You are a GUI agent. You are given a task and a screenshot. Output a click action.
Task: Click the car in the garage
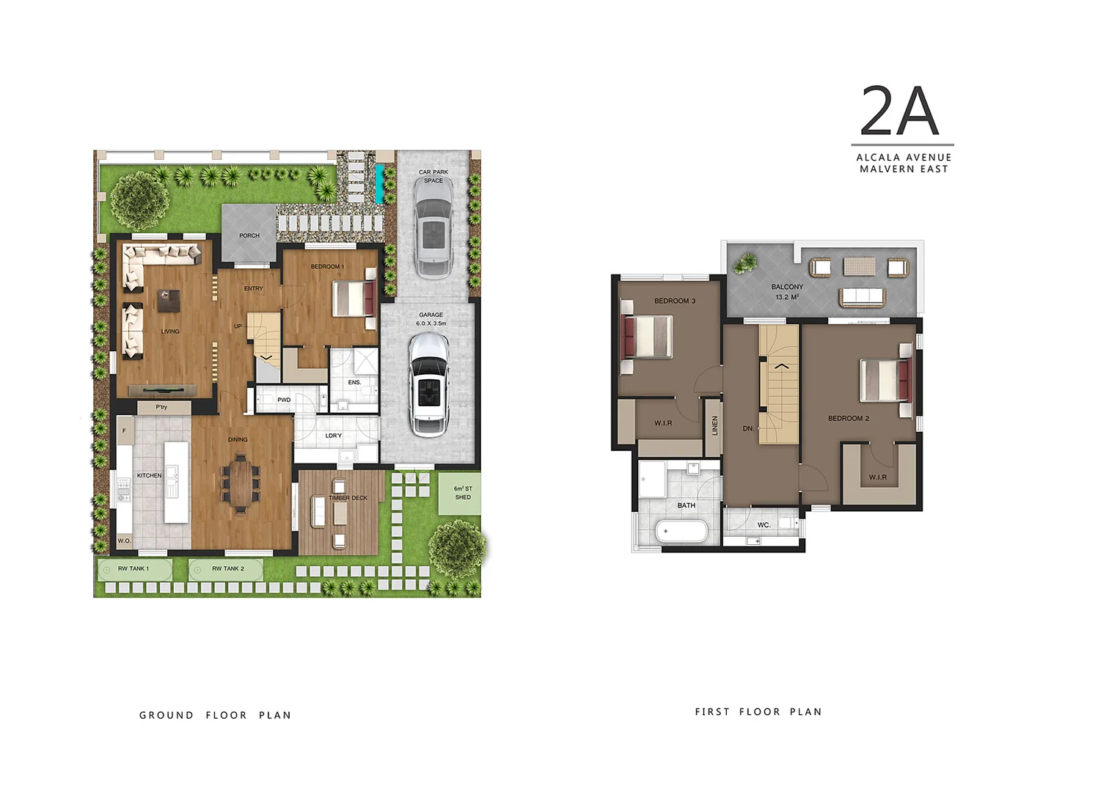pos(428,384)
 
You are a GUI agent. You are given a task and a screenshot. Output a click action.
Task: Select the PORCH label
pos(249,235)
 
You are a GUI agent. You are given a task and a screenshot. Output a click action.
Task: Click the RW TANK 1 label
pos(133,568)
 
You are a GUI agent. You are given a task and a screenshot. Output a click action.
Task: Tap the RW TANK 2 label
pos(228,568)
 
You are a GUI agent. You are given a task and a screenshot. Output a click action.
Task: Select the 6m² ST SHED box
pos(461,493)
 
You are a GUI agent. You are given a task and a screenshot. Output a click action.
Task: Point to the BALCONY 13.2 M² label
pos(787,292)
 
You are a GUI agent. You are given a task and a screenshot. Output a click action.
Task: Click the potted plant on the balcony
pos(747,262)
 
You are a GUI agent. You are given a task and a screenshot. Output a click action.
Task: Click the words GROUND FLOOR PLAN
pos(215,715)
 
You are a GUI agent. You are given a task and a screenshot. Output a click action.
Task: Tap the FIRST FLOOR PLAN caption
pos(758,711)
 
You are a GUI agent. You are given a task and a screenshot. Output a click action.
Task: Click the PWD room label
pos(284,400)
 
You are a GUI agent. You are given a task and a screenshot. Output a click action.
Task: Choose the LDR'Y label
pos(333,436)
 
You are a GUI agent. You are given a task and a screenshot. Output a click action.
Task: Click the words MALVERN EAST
pos(904,169)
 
